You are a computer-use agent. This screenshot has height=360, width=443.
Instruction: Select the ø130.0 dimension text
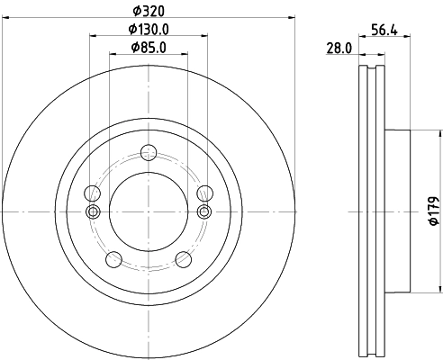pos(148,30)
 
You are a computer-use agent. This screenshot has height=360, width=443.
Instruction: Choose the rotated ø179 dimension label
pos(433,210)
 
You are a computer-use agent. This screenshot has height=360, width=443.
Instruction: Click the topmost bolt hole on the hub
pos(148,152)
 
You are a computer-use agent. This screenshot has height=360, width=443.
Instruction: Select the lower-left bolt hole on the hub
pos(113,260)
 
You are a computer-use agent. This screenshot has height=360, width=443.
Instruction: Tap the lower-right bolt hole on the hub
pos(184,260)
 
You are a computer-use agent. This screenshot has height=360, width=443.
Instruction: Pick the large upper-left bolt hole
pos(91,193)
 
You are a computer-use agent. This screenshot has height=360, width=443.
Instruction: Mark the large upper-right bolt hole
pos(204,193)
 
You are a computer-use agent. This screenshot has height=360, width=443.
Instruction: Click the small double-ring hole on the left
pos(91,211)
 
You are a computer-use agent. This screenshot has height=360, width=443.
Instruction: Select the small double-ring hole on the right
pos(204,211)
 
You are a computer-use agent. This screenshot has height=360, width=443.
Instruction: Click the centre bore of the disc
pos(148,211)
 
